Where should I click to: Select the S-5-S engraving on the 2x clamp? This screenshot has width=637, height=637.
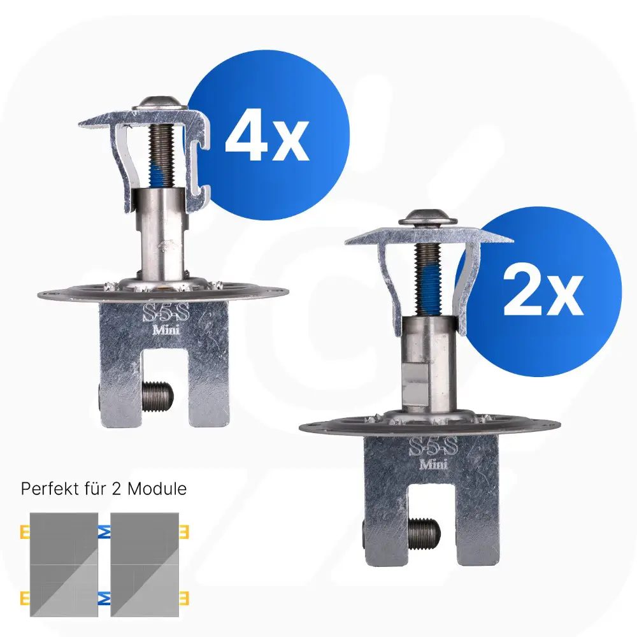[433, 447]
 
